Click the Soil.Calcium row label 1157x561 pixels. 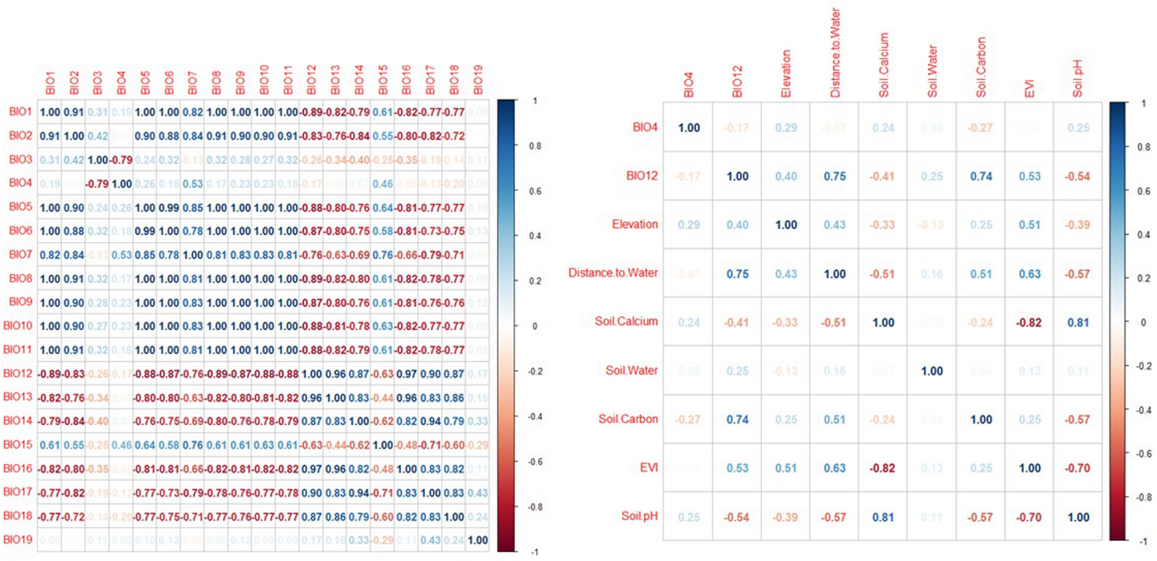626,322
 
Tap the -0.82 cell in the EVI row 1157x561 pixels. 883,468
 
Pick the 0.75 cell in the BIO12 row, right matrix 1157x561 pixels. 835,177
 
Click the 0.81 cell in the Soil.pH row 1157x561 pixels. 883,517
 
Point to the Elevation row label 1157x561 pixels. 634,224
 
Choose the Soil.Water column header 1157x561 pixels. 932,71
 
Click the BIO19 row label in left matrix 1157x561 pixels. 18,540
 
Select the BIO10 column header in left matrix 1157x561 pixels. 264,80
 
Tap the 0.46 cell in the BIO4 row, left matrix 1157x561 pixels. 383,184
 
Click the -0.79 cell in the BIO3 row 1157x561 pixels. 121,160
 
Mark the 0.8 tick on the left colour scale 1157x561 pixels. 535,146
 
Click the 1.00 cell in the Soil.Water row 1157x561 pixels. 932,371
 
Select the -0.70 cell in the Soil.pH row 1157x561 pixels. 1029,517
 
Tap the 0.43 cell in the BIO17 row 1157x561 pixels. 478,493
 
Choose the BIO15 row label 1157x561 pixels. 18,444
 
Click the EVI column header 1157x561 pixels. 1029,89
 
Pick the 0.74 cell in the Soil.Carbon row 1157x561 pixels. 737,419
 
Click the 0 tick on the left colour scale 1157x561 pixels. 534,326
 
